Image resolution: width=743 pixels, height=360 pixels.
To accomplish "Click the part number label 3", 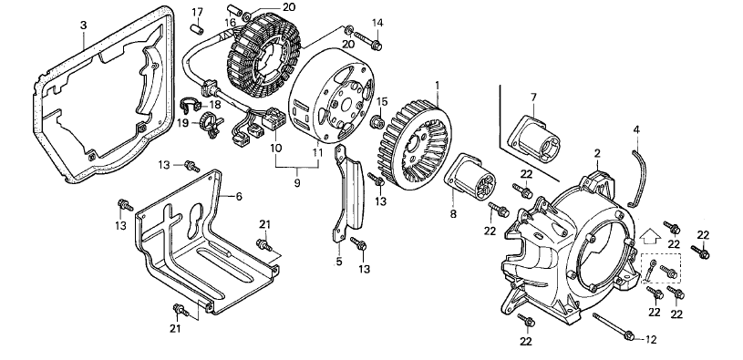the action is (83, 26).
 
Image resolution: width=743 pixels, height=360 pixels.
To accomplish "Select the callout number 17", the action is (198, 11).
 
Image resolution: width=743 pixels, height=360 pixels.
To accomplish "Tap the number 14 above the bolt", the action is (377, 22).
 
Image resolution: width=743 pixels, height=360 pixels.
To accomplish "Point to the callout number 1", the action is (438, 86).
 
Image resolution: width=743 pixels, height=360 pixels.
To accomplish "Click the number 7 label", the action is (533, 98).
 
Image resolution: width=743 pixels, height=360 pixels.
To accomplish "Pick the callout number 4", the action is (636, 129).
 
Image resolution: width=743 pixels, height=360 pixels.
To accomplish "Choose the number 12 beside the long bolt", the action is (651, 339).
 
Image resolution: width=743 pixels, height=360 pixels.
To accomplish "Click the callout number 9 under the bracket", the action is (297, 183).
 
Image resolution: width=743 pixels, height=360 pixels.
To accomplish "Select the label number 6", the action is (238, 196).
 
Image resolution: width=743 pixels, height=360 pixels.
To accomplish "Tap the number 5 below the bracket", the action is (339, 261).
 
